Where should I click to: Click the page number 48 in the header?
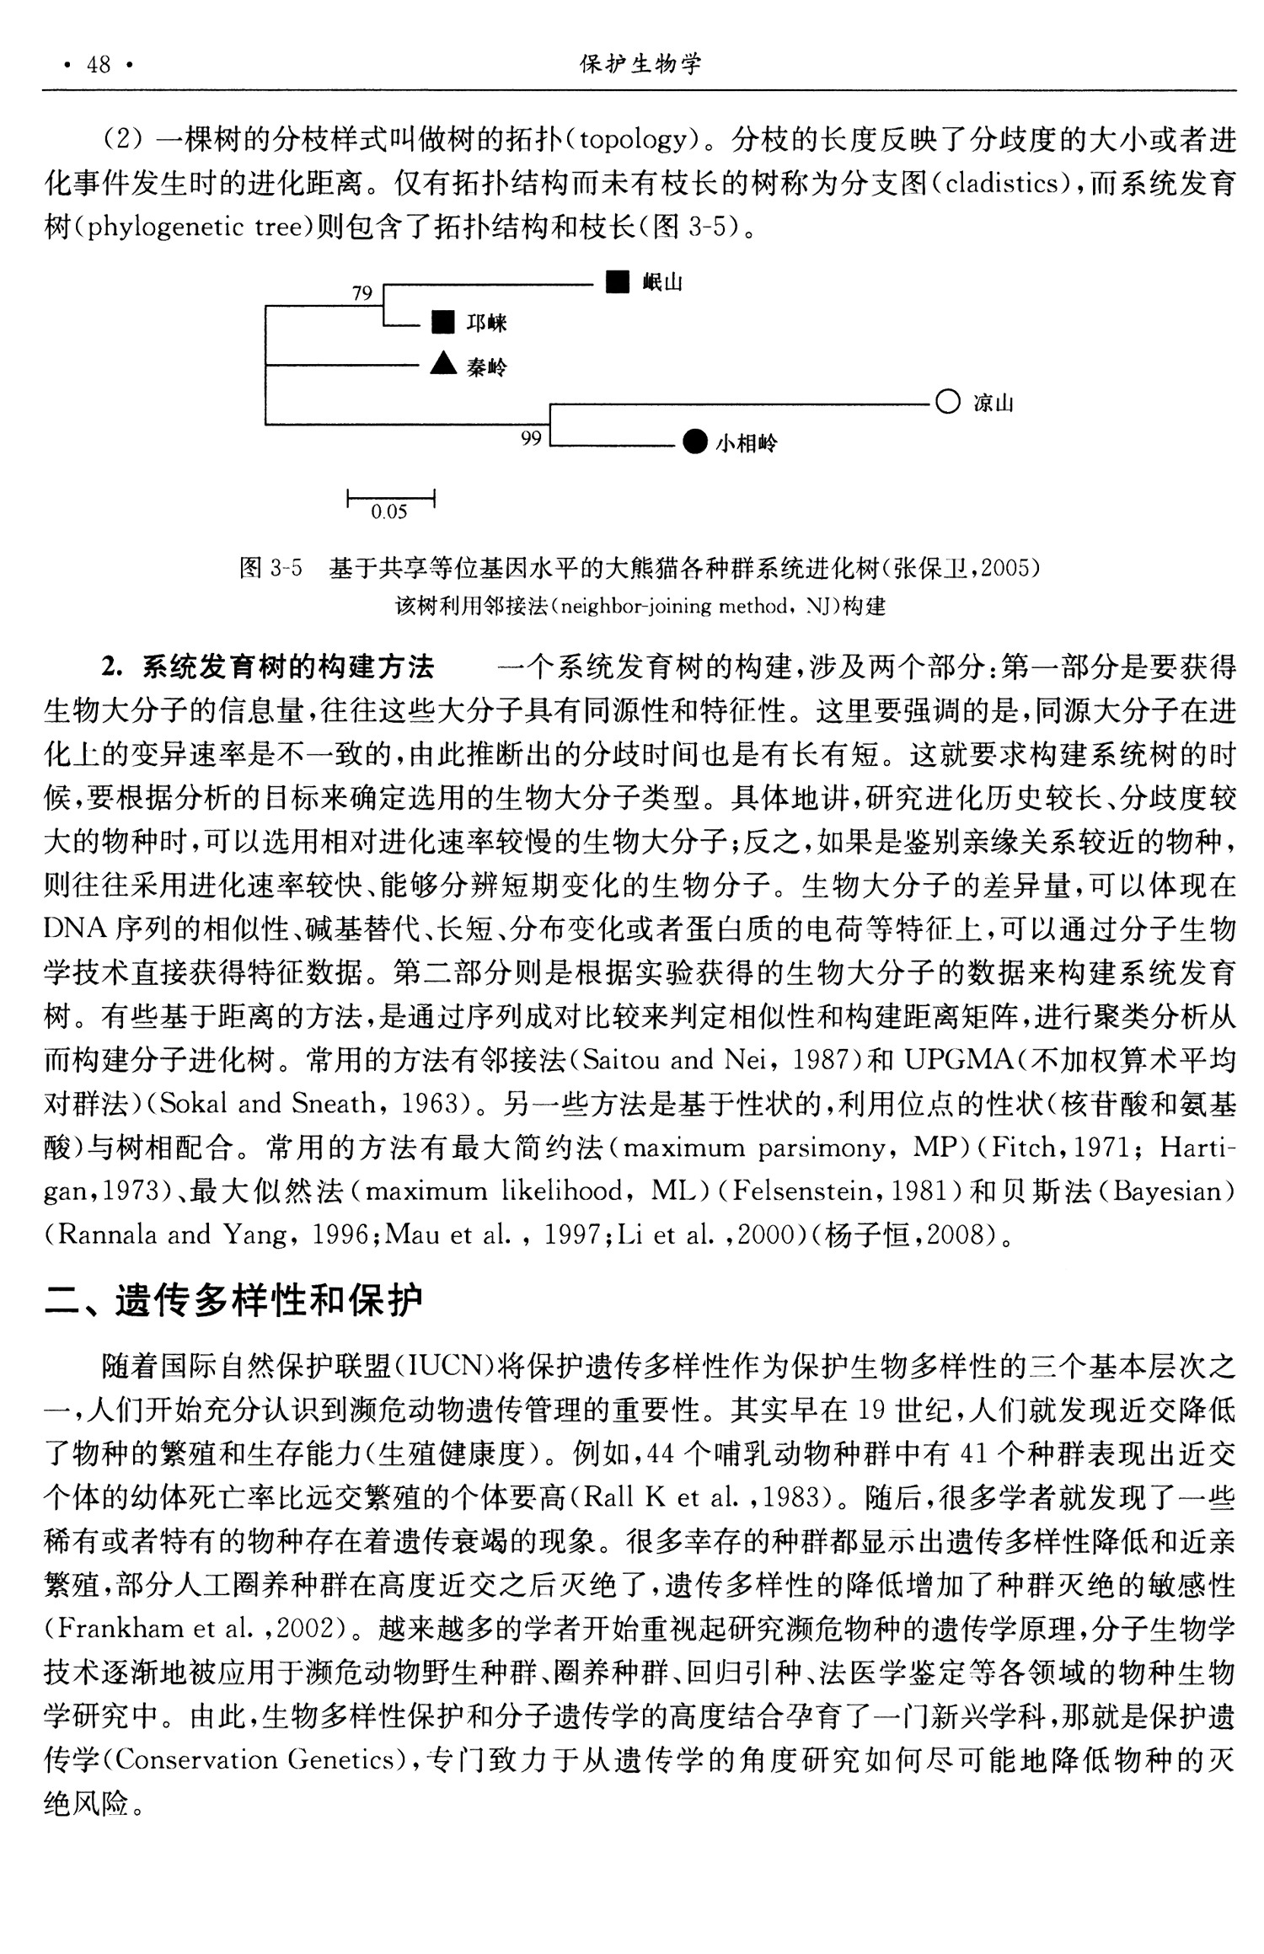tap(99, 65)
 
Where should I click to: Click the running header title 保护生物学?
tap(640, 65)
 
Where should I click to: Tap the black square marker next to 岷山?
tap(618, 282)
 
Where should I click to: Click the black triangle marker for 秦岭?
tap(442, 363)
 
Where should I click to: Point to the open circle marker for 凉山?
tap(947, 402)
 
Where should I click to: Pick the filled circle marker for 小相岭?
tap(694, 442)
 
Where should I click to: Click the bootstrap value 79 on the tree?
tap(362, 293)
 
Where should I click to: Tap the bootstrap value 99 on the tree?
tap(530, 438)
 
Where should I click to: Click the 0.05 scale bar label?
tap(389, 512)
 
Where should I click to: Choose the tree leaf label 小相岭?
tap(746, 443)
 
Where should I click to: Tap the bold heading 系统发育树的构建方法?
tap(288, 667)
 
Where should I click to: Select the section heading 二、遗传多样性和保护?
tap(233, 1300)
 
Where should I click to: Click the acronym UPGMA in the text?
tap(957, 1059)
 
